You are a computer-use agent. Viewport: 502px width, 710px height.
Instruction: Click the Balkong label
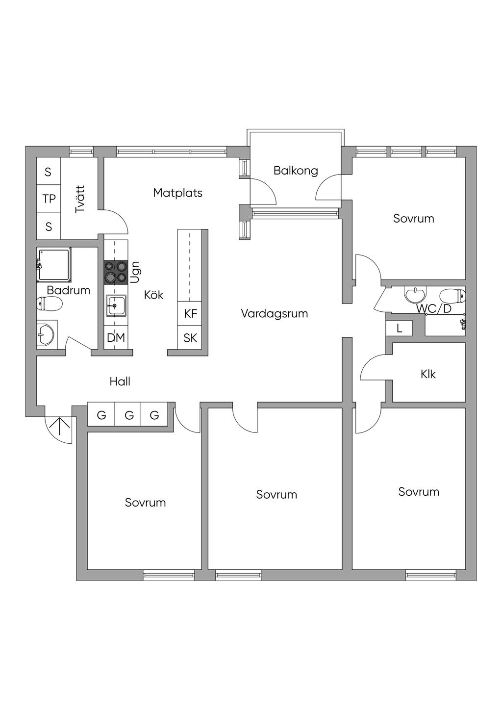(296, 171)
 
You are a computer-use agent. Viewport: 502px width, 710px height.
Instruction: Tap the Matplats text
(177, 193)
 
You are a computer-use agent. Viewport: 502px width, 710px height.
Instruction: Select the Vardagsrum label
(274, 313)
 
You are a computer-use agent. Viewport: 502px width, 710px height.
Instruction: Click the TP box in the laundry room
(49, 199)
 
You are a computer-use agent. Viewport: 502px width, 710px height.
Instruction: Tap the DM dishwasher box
(116, 337)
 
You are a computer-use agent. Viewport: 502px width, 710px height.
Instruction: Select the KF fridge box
(190, 313)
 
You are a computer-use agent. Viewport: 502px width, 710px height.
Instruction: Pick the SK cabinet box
(190, 337)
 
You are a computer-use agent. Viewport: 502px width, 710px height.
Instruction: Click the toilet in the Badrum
(49, 304)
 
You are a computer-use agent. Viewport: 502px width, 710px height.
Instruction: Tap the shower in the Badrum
(54, 265)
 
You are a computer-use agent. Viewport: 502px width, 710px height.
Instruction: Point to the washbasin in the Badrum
(46, 334)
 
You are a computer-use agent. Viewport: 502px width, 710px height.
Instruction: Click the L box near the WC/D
(399, 329)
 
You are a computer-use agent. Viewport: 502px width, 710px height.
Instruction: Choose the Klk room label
(428, 374)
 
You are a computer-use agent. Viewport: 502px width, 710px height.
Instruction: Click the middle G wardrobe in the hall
(129, 415)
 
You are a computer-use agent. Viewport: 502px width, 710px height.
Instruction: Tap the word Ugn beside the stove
(135, 272)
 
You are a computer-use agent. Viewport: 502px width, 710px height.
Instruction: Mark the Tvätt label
(80, 199)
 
